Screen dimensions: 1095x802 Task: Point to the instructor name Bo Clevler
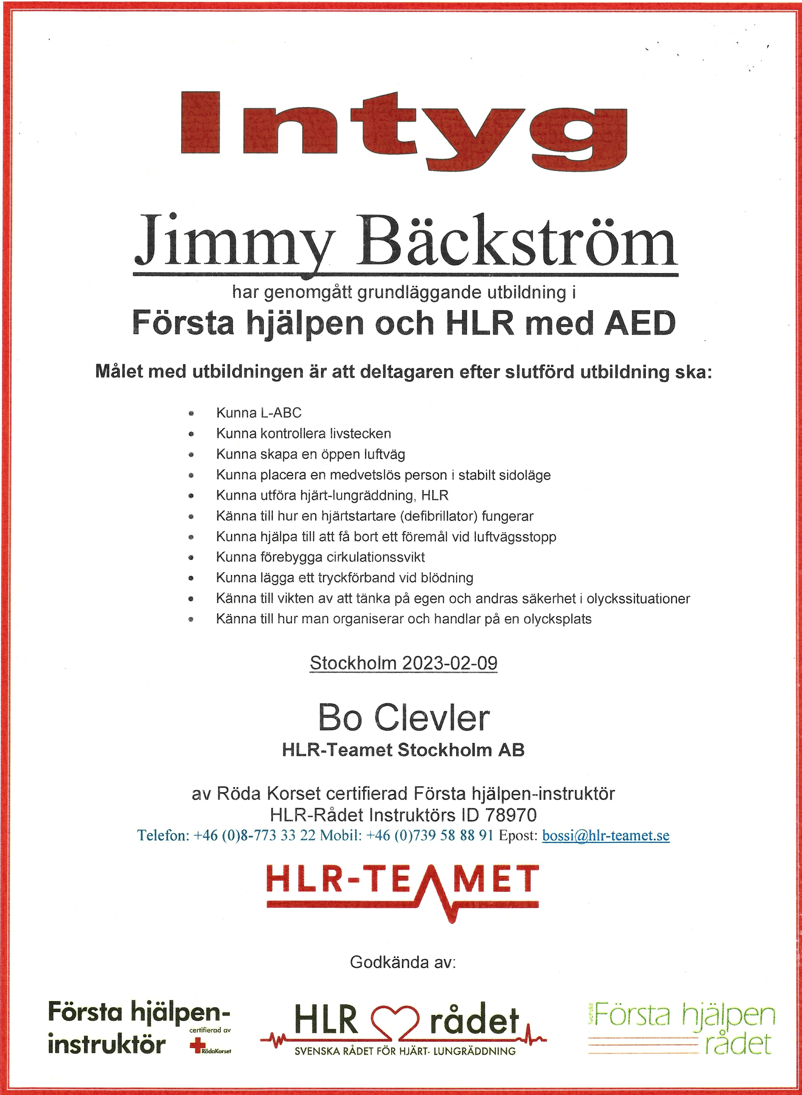point(404,718)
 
